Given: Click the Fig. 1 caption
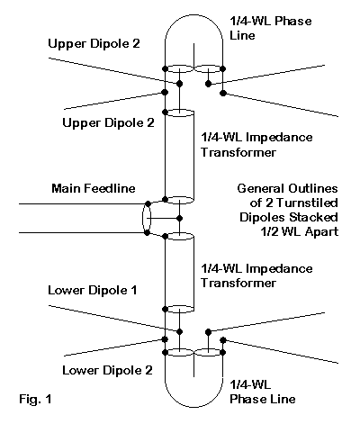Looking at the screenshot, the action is [x=35, y=399].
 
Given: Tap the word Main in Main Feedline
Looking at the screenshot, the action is [x=66, y=188].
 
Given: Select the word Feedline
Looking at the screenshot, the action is [x=110, y=188].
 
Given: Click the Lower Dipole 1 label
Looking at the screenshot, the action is [x=93, y=290].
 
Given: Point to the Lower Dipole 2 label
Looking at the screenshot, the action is [x=107, y=370].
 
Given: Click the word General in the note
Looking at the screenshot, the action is [x=261, y=188].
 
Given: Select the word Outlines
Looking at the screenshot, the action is [x=313, y=188].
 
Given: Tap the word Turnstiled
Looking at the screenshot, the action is [x=307, y=203].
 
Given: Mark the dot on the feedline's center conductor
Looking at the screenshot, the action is [x=179, y=218].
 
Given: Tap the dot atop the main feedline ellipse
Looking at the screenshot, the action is [x=148, y=203].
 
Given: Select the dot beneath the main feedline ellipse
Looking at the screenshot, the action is [x=147, y=232].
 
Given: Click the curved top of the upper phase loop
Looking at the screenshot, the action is [x=193, y=15].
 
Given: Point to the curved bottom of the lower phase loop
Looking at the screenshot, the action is [x=193, y=407].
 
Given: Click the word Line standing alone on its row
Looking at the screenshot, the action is [x=242, y=35].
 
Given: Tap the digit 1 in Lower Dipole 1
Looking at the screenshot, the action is [x=134, y=290].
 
